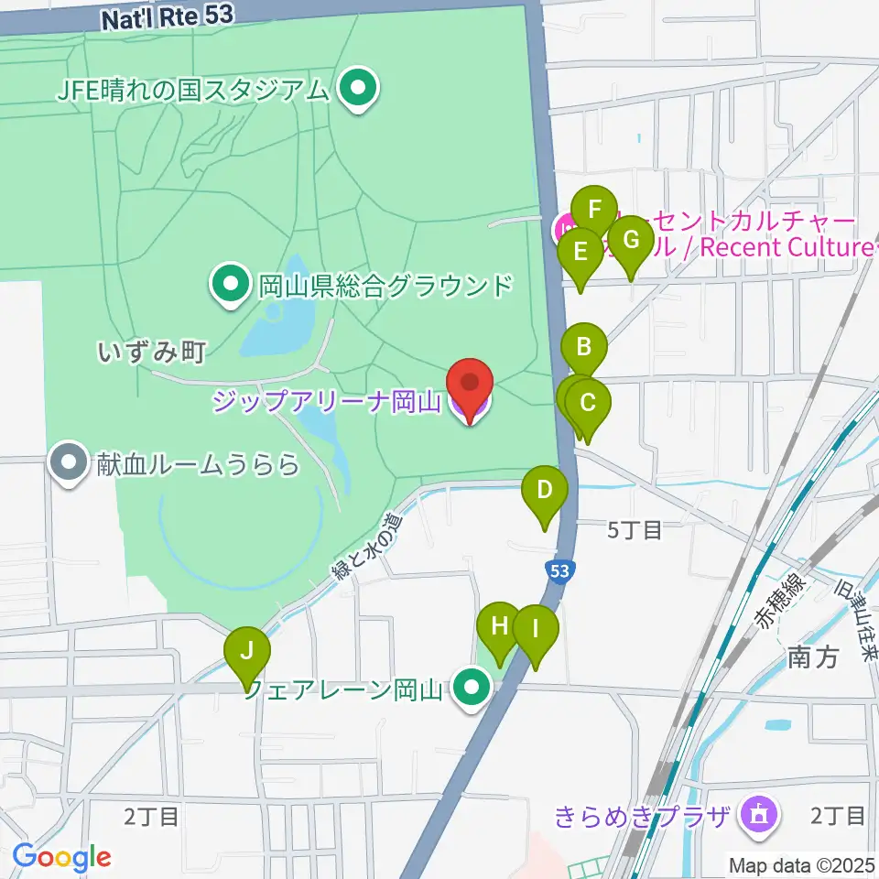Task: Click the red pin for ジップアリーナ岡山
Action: click(x=469, y=385)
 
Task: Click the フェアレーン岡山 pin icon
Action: click(x=472, y=688)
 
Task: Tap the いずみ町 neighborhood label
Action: click(x=151, y=350)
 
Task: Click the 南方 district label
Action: click(x=812, y=657)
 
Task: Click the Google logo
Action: click(x=61, y=858)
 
